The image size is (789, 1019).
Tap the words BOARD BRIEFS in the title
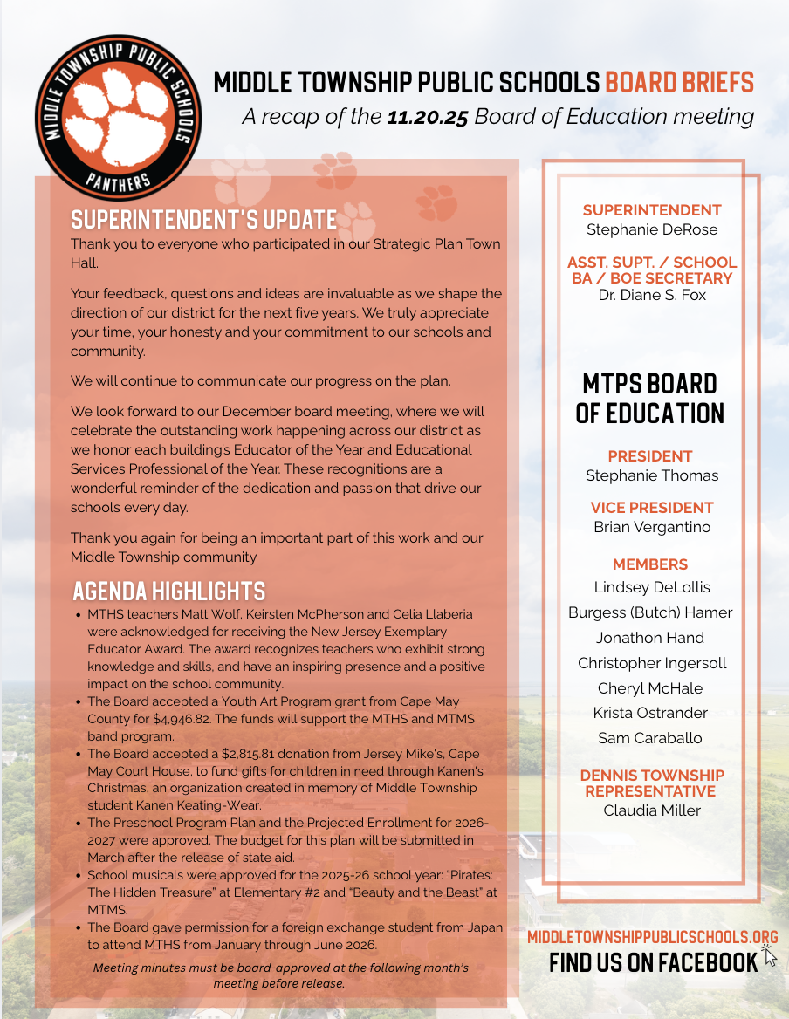679,83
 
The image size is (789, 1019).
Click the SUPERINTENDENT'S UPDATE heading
203,219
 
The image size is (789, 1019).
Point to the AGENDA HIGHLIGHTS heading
168,591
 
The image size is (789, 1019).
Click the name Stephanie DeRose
652,229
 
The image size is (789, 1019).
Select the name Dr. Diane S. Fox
652,295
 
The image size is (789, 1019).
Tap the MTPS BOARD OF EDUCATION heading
650,398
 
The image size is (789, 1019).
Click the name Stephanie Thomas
652,475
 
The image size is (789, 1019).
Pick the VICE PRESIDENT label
652,508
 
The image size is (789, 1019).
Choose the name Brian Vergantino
652,527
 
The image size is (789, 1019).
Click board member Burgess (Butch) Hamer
650,612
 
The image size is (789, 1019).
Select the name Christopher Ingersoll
652,663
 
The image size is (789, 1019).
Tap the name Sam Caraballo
650,738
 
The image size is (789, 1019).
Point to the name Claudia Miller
652,810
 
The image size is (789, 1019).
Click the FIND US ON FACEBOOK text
653,962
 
